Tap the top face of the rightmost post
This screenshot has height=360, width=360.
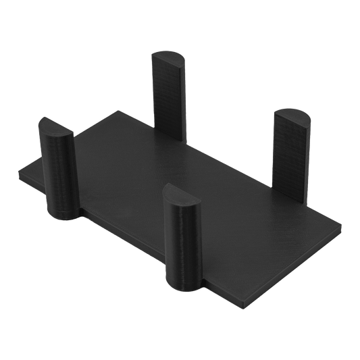[291, 117]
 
